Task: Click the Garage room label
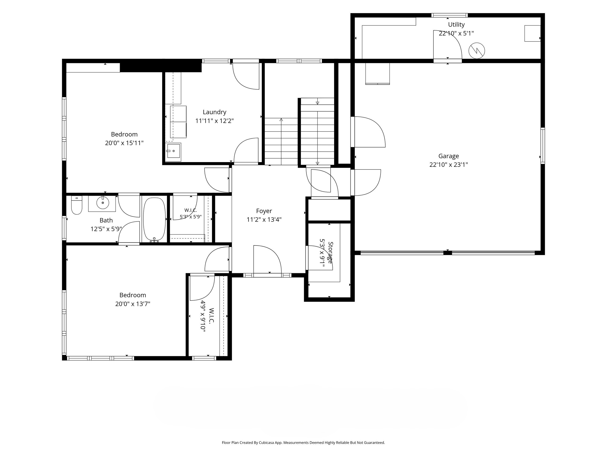pyautogui.click(x=448, y=156)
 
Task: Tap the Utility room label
pyautogui.click(x=456, y=25)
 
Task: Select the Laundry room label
pyautogui.click(x=214, y=112)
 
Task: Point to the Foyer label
pyautogui.click(x=264, y=211)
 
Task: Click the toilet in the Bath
pyautogui.click(x=77, y=205)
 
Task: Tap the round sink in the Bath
pyautogui.click(x=103, y=203)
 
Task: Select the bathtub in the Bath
pyautogui.click(x=155, y=219)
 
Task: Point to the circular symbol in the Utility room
pyautogui.click(x=477, y=51)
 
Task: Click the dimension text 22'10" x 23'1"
pyautogui.click(x=448, y=164)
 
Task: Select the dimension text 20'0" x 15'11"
pyautogui.click(x=124, y=143)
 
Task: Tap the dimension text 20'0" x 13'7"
pyautogui.click(x=133, y=304)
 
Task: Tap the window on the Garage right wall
pyautogui.click(x=543, y=146)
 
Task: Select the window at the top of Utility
pyautogui.click(x=449, y=15)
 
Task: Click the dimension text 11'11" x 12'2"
pyautogui.click(x=214, y=121)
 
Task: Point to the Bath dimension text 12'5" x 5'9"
pyautogui.click(x=106, y=229)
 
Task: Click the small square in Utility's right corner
pyautogui.click(x=532, y=33)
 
